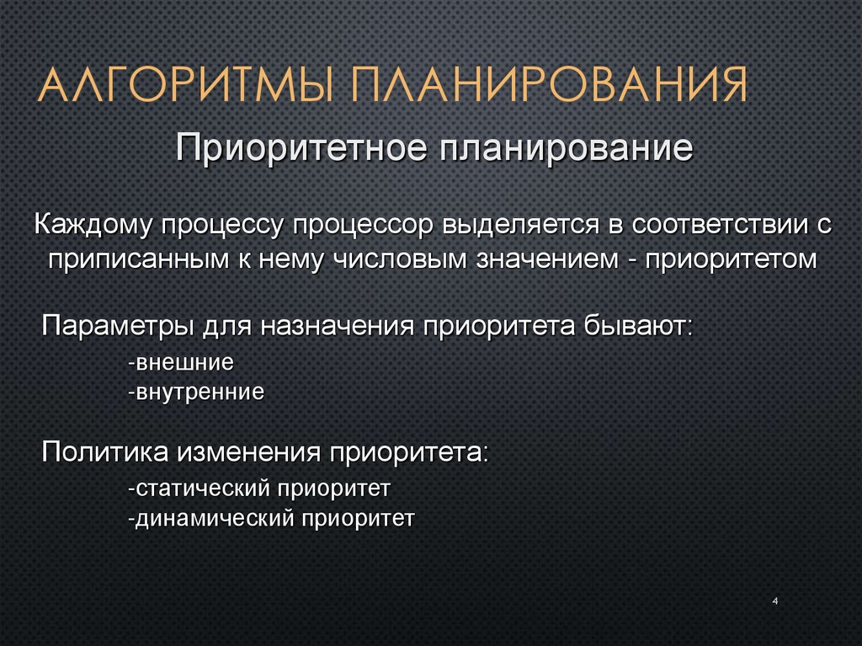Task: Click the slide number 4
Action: [x=774, y=601]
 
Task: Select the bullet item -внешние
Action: [x=180, y=363]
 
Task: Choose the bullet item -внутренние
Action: [x=196, y=392]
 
